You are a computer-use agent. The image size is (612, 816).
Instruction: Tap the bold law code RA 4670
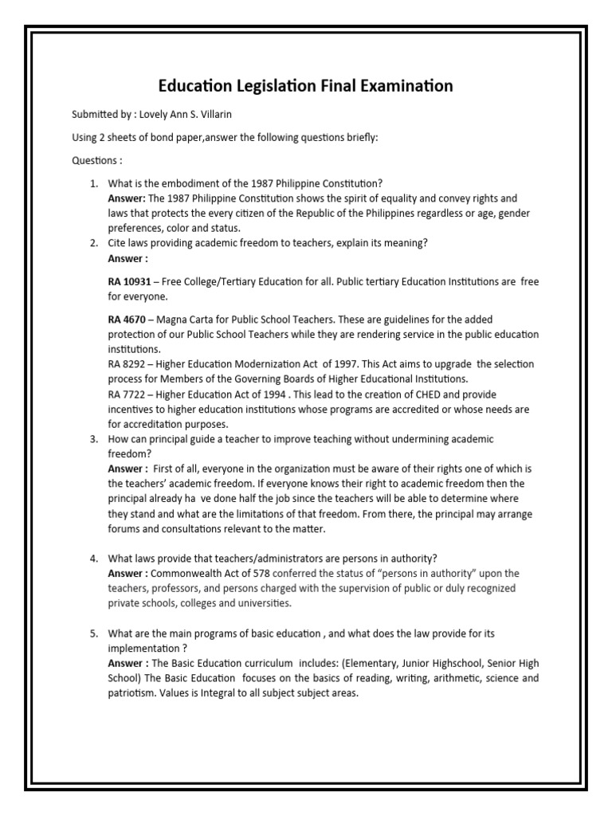(125, 320)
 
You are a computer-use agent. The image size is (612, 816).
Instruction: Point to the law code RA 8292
(125, 363)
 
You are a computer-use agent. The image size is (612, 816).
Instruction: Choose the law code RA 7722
(125, 394)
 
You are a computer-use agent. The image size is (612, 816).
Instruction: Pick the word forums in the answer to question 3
(124, 528)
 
